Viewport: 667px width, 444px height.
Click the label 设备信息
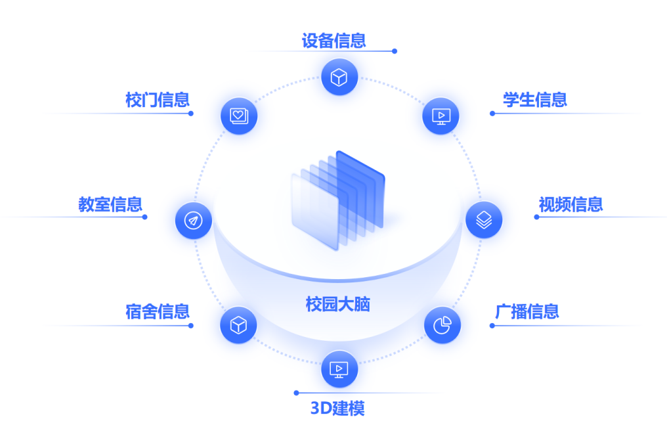(334, 41)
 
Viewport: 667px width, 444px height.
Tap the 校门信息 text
(158, 100)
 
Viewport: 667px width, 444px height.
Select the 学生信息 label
(534, 100)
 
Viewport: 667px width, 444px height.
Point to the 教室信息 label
(110, 204)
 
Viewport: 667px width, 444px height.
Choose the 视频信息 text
(571, 204)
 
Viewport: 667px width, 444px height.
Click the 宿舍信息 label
(158, 311)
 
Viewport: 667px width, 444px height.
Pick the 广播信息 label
(527, 311)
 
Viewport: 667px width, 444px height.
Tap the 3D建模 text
(337, 409)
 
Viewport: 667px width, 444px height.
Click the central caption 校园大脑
(337, 304)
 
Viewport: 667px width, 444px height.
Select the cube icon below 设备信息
(339, 77)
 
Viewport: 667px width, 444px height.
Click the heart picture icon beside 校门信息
(239, 116)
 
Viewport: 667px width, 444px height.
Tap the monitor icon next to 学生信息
(441, 116)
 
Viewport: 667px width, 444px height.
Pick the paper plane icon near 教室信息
(194, 221)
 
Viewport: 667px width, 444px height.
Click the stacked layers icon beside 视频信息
(484, 220)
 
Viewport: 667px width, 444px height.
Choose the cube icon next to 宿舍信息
(238, 325)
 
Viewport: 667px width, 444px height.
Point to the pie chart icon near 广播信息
(442, 325)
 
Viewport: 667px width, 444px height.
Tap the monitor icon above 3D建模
(339, 369)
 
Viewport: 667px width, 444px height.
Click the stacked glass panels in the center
(338, 200)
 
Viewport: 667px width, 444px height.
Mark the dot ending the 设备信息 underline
(395, 51)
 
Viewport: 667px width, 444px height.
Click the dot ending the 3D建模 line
(297, 393)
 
